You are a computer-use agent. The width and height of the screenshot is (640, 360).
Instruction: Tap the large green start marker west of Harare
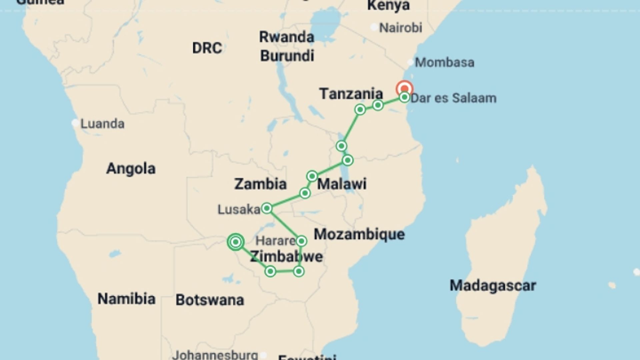coord(236,242)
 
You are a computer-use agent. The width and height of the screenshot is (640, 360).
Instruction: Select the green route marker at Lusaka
coord(267,209)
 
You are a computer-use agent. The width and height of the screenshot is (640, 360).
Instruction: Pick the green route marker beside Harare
coord(301,241)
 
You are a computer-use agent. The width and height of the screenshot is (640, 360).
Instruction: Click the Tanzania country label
coord(351,94)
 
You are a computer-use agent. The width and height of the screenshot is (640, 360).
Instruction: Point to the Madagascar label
coord(493,286)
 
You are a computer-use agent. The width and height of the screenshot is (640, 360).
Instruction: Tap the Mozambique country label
coord(359,234)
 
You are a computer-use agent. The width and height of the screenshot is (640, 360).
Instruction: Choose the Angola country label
coord(131,169)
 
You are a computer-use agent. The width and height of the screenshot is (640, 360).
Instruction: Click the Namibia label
coord(126,299)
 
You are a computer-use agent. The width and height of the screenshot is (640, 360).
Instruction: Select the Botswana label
coord(210,300)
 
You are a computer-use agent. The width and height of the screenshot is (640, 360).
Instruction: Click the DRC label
coord(207,48)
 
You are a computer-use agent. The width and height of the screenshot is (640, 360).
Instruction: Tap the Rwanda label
coord(287,37)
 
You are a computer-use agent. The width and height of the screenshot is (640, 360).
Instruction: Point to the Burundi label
coord(287,56)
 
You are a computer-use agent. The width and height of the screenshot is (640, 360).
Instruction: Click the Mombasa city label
coord(444,63)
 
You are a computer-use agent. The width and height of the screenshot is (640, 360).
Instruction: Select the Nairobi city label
coord(401,28)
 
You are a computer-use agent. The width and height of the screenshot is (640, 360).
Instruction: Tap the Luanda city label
coord(102,124)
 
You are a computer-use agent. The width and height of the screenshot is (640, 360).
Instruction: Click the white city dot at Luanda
coord(75,123)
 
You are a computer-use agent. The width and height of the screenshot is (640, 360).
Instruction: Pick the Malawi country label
coord(342,184)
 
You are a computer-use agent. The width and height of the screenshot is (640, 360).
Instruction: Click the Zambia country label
coord(260,184)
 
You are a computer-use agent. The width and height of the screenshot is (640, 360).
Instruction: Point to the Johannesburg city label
coord(215,355)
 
